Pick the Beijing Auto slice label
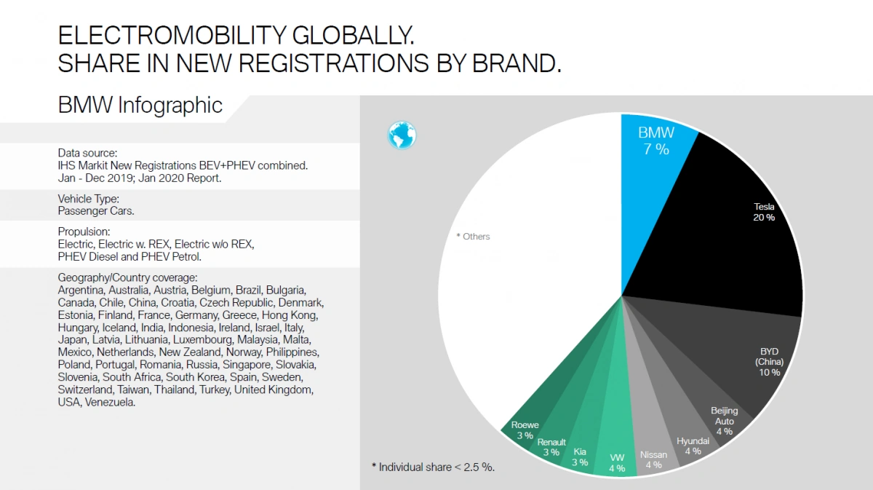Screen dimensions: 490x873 coord(724,421)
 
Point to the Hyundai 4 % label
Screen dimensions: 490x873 coord(693,446)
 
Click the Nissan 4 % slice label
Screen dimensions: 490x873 coord(653,459)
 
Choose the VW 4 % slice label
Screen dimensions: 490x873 coord(617,463)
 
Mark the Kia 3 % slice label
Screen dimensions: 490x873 coord(580,457)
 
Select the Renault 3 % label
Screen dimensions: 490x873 coord(551,447)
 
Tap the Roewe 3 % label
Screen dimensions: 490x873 coord(525,430)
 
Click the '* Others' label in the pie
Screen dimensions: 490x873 coord(473,237)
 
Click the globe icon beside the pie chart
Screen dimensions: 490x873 coord(402,135)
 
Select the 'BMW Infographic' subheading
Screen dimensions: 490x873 coord(140,106)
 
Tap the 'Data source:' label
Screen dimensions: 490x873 coord(87,153)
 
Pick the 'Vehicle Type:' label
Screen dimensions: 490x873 coord(88,198)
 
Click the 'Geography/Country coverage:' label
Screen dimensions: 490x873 coord(127,277)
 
